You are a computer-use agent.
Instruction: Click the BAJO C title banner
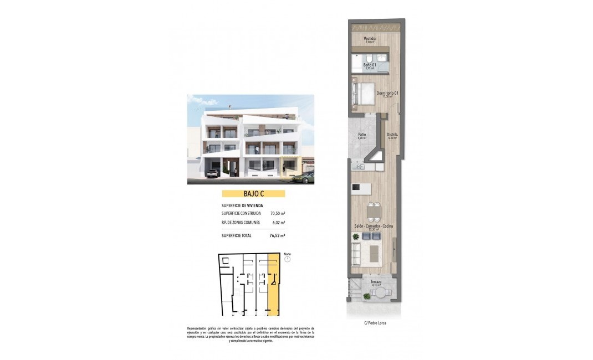[x=253, y=194]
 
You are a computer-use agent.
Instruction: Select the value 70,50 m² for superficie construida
[x=278, y=213]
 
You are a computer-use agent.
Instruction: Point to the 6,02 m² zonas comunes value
[x=279, y=223]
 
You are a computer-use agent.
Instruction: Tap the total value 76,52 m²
[x=277, y=235]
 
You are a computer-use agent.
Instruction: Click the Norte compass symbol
[x=287, y=259]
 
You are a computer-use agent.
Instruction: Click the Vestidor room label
[x=370, y=39]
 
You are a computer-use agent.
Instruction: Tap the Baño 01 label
[x=370, y=65]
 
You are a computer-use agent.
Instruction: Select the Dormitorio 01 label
[x=387, y=93]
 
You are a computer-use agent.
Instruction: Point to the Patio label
[x=362, y=135]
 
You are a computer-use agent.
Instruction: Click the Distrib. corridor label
[x=391, y=135]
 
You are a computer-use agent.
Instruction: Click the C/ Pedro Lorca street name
[x=375, y=323]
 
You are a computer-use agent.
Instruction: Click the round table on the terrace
[x=366, y=296]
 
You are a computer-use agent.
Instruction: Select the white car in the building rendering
[x=211, y=173]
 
